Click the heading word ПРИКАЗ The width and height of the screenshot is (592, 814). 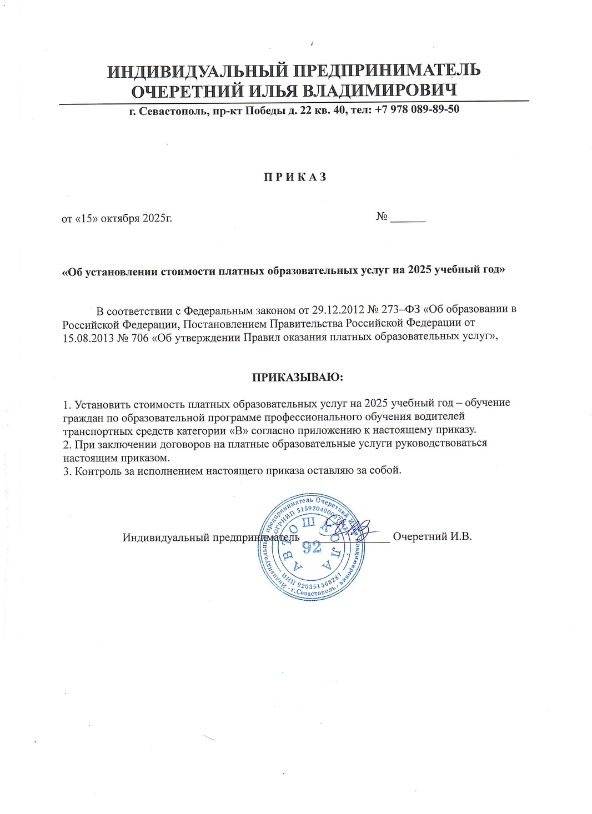coord(295,177)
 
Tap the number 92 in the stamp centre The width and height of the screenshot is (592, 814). coord(312,548)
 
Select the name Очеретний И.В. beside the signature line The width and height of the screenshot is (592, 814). coord(432,537)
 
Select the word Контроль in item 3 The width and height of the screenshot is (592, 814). coord(95,470)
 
